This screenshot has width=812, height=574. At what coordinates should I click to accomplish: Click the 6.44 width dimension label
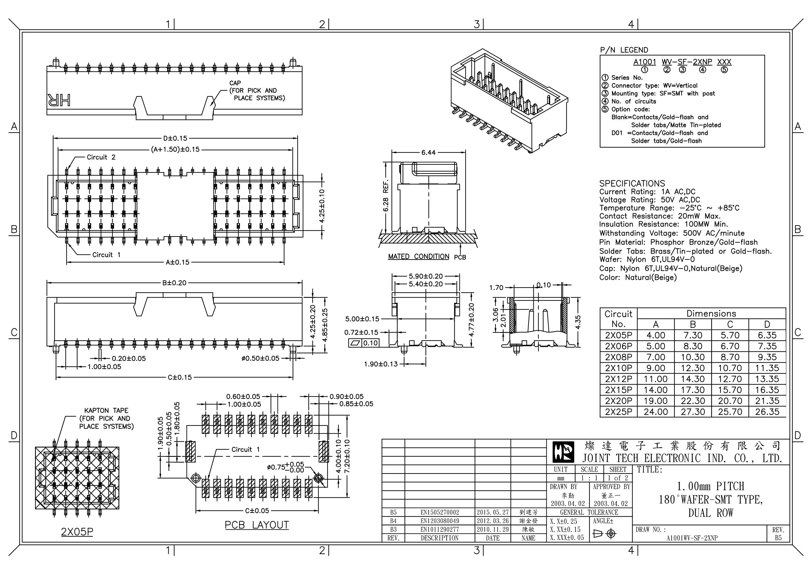pyautogui.click(x=428, y=152)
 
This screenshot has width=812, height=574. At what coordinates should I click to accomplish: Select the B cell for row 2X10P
pyautogui.click(x=692, y=368)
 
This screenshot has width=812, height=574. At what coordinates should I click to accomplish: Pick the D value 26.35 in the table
pyautogui.click(x=767, y=412)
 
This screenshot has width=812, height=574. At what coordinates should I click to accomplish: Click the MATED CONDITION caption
pyautogui.click(x=418, y=256)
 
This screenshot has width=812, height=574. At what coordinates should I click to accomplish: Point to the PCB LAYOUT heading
pyautogui.click(x=257, y=525)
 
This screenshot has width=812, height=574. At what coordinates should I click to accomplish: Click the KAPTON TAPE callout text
pyautogui.click(x=106, y=411)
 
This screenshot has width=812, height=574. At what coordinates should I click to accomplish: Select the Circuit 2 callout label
pyautogui.click(x=101, y=157)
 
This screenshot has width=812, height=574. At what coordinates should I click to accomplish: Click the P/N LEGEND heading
pyautogui.click(x=624, y=50)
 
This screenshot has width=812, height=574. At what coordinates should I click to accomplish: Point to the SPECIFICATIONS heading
pyautogui.click(x=632, y=183)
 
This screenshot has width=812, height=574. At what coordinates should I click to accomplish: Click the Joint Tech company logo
pyautogui.click(x=563, y=453)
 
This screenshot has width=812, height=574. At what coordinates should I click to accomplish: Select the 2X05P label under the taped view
pyautogui.click(x=77, y=532)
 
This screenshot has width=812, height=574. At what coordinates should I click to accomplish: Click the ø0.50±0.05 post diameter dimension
pyautogui.click(x=260, y=358)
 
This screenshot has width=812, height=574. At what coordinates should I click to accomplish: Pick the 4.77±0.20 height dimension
pyautogui.click(x=471, y=320)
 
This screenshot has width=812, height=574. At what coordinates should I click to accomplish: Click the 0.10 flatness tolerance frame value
pyautogui.click(x=370, y=343)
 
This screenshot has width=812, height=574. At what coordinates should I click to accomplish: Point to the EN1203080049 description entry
pyautogui.click(x=439, y=521)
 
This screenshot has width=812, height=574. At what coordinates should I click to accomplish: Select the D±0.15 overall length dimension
pyautogui.click(x=175, y=138)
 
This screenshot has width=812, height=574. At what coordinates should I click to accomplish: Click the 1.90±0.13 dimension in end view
pyautogui.click(x=381, y=364)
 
